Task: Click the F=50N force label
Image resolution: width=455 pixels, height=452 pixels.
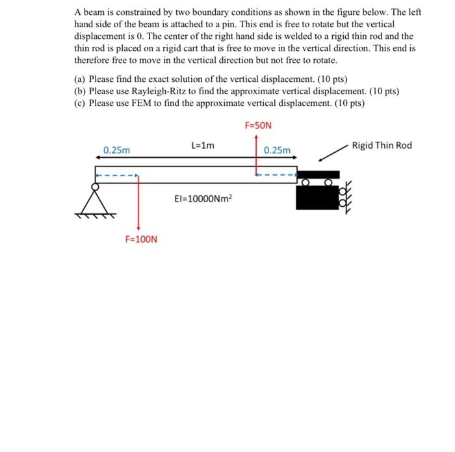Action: point(259,125)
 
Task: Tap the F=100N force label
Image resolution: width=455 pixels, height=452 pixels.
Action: point(141,239)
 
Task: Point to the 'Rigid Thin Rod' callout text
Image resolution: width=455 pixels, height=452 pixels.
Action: point(382,145)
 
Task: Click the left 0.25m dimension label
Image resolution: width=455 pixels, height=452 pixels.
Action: point(117,150)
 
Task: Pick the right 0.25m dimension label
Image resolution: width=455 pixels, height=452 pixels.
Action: point(278,150)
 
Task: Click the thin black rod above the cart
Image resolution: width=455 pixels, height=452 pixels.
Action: point(318,174)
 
